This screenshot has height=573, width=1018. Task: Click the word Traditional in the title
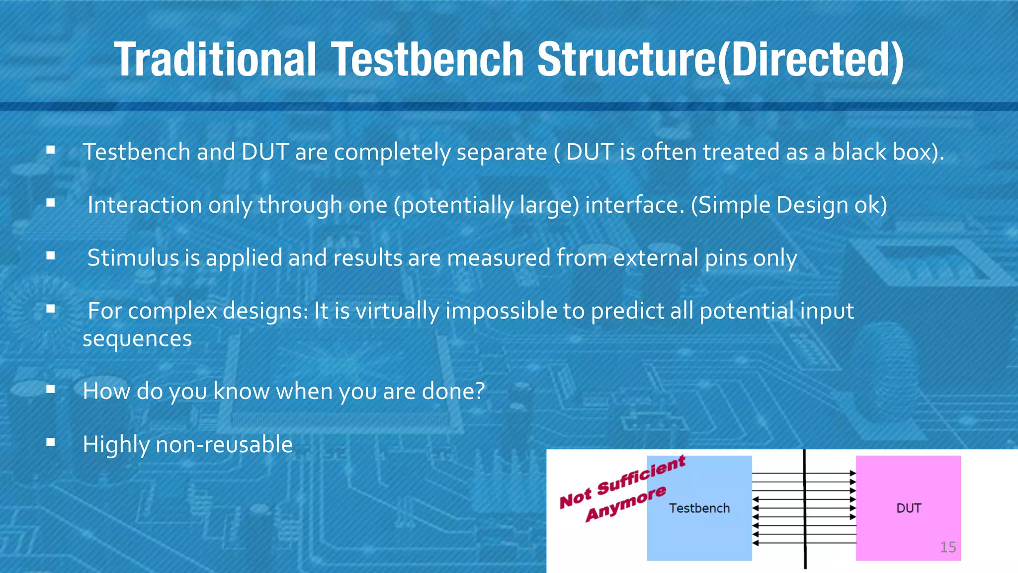[215, 60]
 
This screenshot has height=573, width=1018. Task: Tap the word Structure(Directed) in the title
[721, 60]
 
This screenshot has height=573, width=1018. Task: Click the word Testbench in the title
[427, 60]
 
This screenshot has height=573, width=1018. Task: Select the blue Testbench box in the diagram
[699, 527]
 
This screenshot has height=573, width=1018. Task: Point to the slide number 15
[948, 547]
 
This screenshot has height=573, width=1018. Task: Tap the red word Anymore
[625, 504]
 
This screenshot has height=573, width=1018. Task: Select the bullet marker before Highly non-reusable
[50, 442]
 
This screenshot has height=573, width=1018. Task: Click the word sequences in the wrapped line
[137, 339]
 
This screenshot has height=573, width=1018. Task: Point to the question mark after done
[480, 391]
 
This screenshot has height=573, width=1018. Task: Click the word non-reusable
[224, 444]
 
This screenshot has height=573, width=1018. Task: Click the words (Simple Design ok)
[789, 205]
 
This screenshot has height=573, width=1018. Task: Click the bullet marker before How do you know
[50, 389]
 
